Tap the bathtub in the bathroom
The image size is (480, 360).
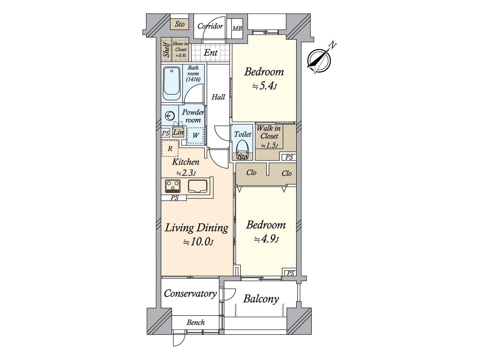(x=172, y=84)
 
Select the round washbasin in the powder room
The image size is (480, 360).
(x=170, y=115)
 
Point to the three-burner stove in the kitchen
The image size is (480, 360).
(x=173, y=186)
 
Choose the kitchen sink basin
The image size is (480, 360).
(x=198, y=186)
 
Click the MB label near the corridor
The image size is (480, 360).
(x=237, y=28)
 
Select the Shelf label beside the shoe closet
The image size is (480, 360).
(x=166, y=49)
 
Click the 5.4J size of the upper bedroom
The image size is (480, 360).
(x=265, y=86)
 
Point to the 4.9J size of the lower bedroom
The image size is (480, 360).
(x=266, y=239)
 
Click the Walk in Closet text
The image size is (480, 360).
(x=269, y=132)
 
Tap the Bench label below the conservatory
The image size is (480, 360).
(x=196, y=322)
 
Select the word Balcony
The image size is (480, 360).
(x=261, y=299)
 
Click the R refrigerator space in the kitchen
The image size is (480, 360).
(x=170, y=148)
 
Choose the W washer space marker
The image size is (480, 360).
(x=195, y=136)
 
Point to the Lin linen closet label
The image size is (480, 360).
(x=178, y=132)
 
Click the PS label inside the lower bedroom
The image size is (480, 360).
(x=290, y=273)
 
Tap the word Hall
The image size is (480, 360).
(x=218, y=97)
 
